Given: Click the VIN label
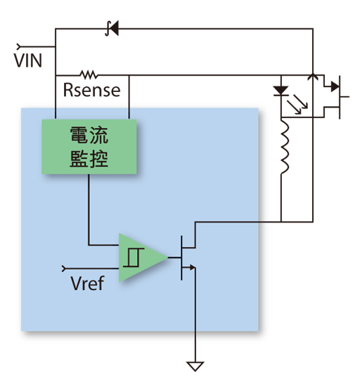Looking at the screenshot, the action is pos(27,60).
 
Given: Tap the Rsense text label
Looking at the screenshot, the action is pos(91,90).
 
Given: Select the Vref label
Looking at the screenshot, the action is pos(87,283).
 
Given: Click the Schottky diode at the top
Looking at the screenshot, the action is pos(112,28).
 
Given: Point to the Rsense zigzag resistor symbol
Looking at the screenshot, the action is pos(89,74).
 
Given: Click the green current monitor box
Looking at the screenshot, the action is pos(89,147).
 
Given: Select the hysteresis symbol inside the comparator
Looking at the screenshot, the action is pos(134,258).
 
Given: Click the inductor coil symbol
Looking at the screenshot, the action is pos(285,147).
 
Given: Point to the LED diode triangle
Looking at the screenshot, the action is pos(281,91).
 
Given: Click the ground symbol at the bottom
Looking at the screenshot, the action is pos(195,367).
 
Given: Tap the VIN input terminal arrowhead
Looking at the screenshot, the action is pos(18,46).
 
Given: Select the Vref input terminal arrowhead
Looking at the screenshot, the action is pos(64,268).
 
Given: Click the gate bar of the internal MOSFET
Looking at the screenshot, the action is pos(181,258).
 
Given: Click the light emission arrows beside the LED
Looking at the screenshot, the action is pos(297,104).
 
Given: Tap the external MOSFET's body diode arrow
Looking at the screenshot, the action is pos(335,86).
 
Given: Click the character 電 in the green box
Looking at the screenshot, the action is pos(79,135).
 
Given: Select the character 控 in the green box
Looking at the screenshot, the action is pos(98,159).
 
